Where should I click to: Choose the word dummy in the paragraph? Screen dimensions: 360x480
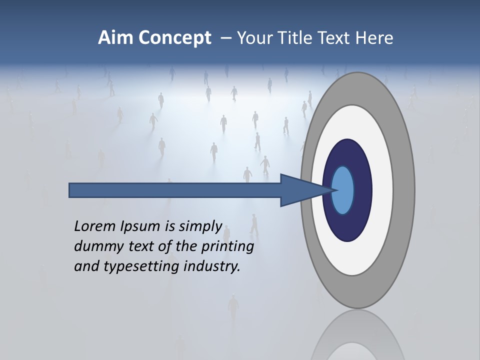click(95, 246)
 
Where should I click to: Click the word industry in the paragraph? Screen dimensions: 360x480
click(212, 266)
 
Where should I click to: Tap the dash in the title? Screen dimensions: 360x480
click(226, 38)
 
